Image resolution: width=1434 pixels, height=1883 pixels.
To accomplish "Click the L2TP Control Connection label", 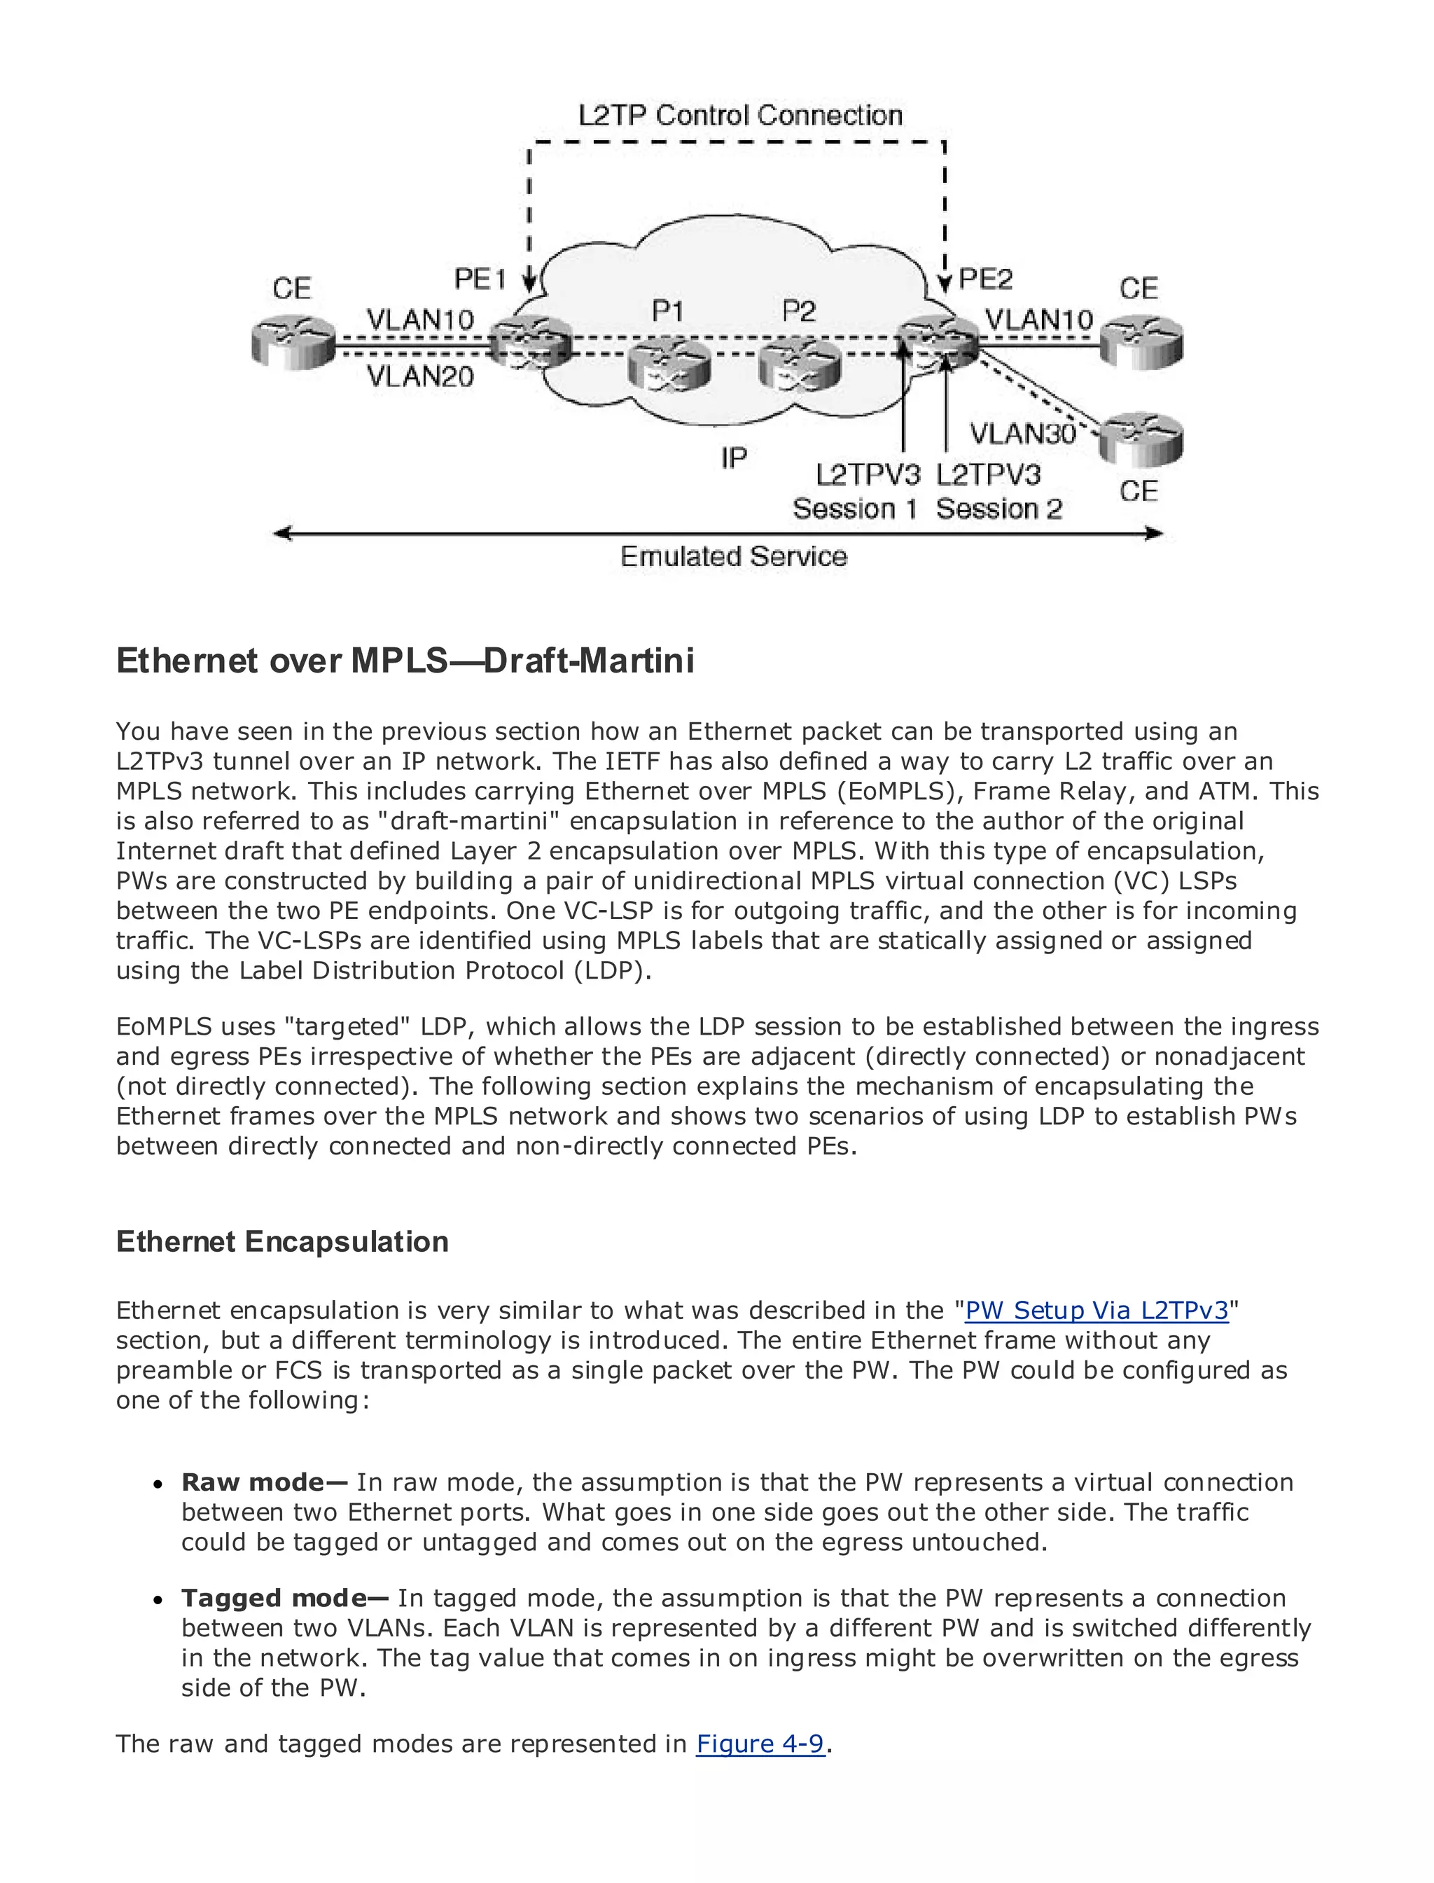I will coord(739,116).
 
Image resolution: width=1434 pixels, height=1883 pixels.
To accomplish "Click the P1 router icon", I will coord(669,365).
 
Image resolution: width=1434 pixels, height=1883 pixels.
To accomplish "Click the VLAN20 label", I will coord(420,375).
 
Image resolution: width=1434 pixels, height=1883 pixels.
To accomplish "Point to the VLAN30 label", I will coord(1022,434).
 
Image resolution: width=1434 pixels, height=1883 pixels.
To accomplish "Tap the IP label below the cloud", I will coord(733,459).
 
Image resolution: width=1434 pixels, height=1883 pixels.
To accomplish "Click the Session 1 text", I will coord(854,509).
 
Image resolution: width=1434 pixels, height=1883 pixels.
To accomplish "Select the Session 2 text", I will coord(998,509).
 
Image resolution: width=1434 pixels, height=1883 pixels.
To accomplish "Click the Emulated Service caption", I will coord(733,557).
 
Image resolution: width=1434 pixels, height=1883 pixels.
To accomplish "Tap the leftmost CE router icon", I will coord(293,343).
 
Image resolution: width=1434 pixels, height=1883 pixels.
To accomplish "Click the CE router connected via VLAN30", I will coord(1141,439).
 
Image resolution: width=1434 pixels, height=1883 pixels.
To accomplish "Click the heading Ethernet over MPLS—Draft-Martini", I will coord(405,661).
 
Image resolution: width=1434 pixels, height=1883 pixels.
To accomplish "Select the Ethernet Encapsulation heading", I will coord(281,1241).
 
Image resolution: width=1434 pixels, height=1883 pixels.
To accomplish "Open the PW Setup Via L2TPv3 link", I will coord(1096,1310).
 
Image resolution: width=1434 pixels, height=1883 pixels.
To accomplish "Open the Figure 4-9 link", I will coord(760,1744).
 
